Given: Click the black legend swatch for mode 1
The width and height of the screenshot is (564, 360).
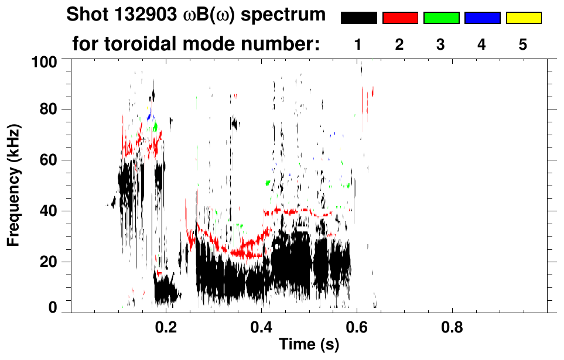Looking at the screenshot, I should click(358, 18).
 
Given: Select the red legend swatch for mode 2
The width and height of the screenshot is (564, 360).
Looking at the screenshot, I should click(400, 18).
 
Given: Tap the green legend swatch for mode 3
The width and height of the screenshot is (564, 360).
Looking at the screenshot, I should click(441, 18).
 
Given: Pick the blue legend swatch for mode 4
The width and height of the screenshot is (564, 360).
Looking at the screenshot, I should click(482, 18).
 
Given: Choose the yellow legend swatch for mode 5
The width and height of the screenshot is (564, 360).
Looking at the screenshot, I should click(523, 18).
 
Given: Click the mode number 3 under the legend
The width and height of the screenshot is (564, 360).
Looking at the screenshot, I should click(441, 44).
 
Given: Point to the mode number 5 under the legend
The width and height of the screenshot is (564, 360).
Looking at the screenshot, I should click(523, 44).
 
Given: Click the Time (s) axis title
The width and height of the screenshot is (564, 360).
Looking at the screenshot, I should click(308, 345).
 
